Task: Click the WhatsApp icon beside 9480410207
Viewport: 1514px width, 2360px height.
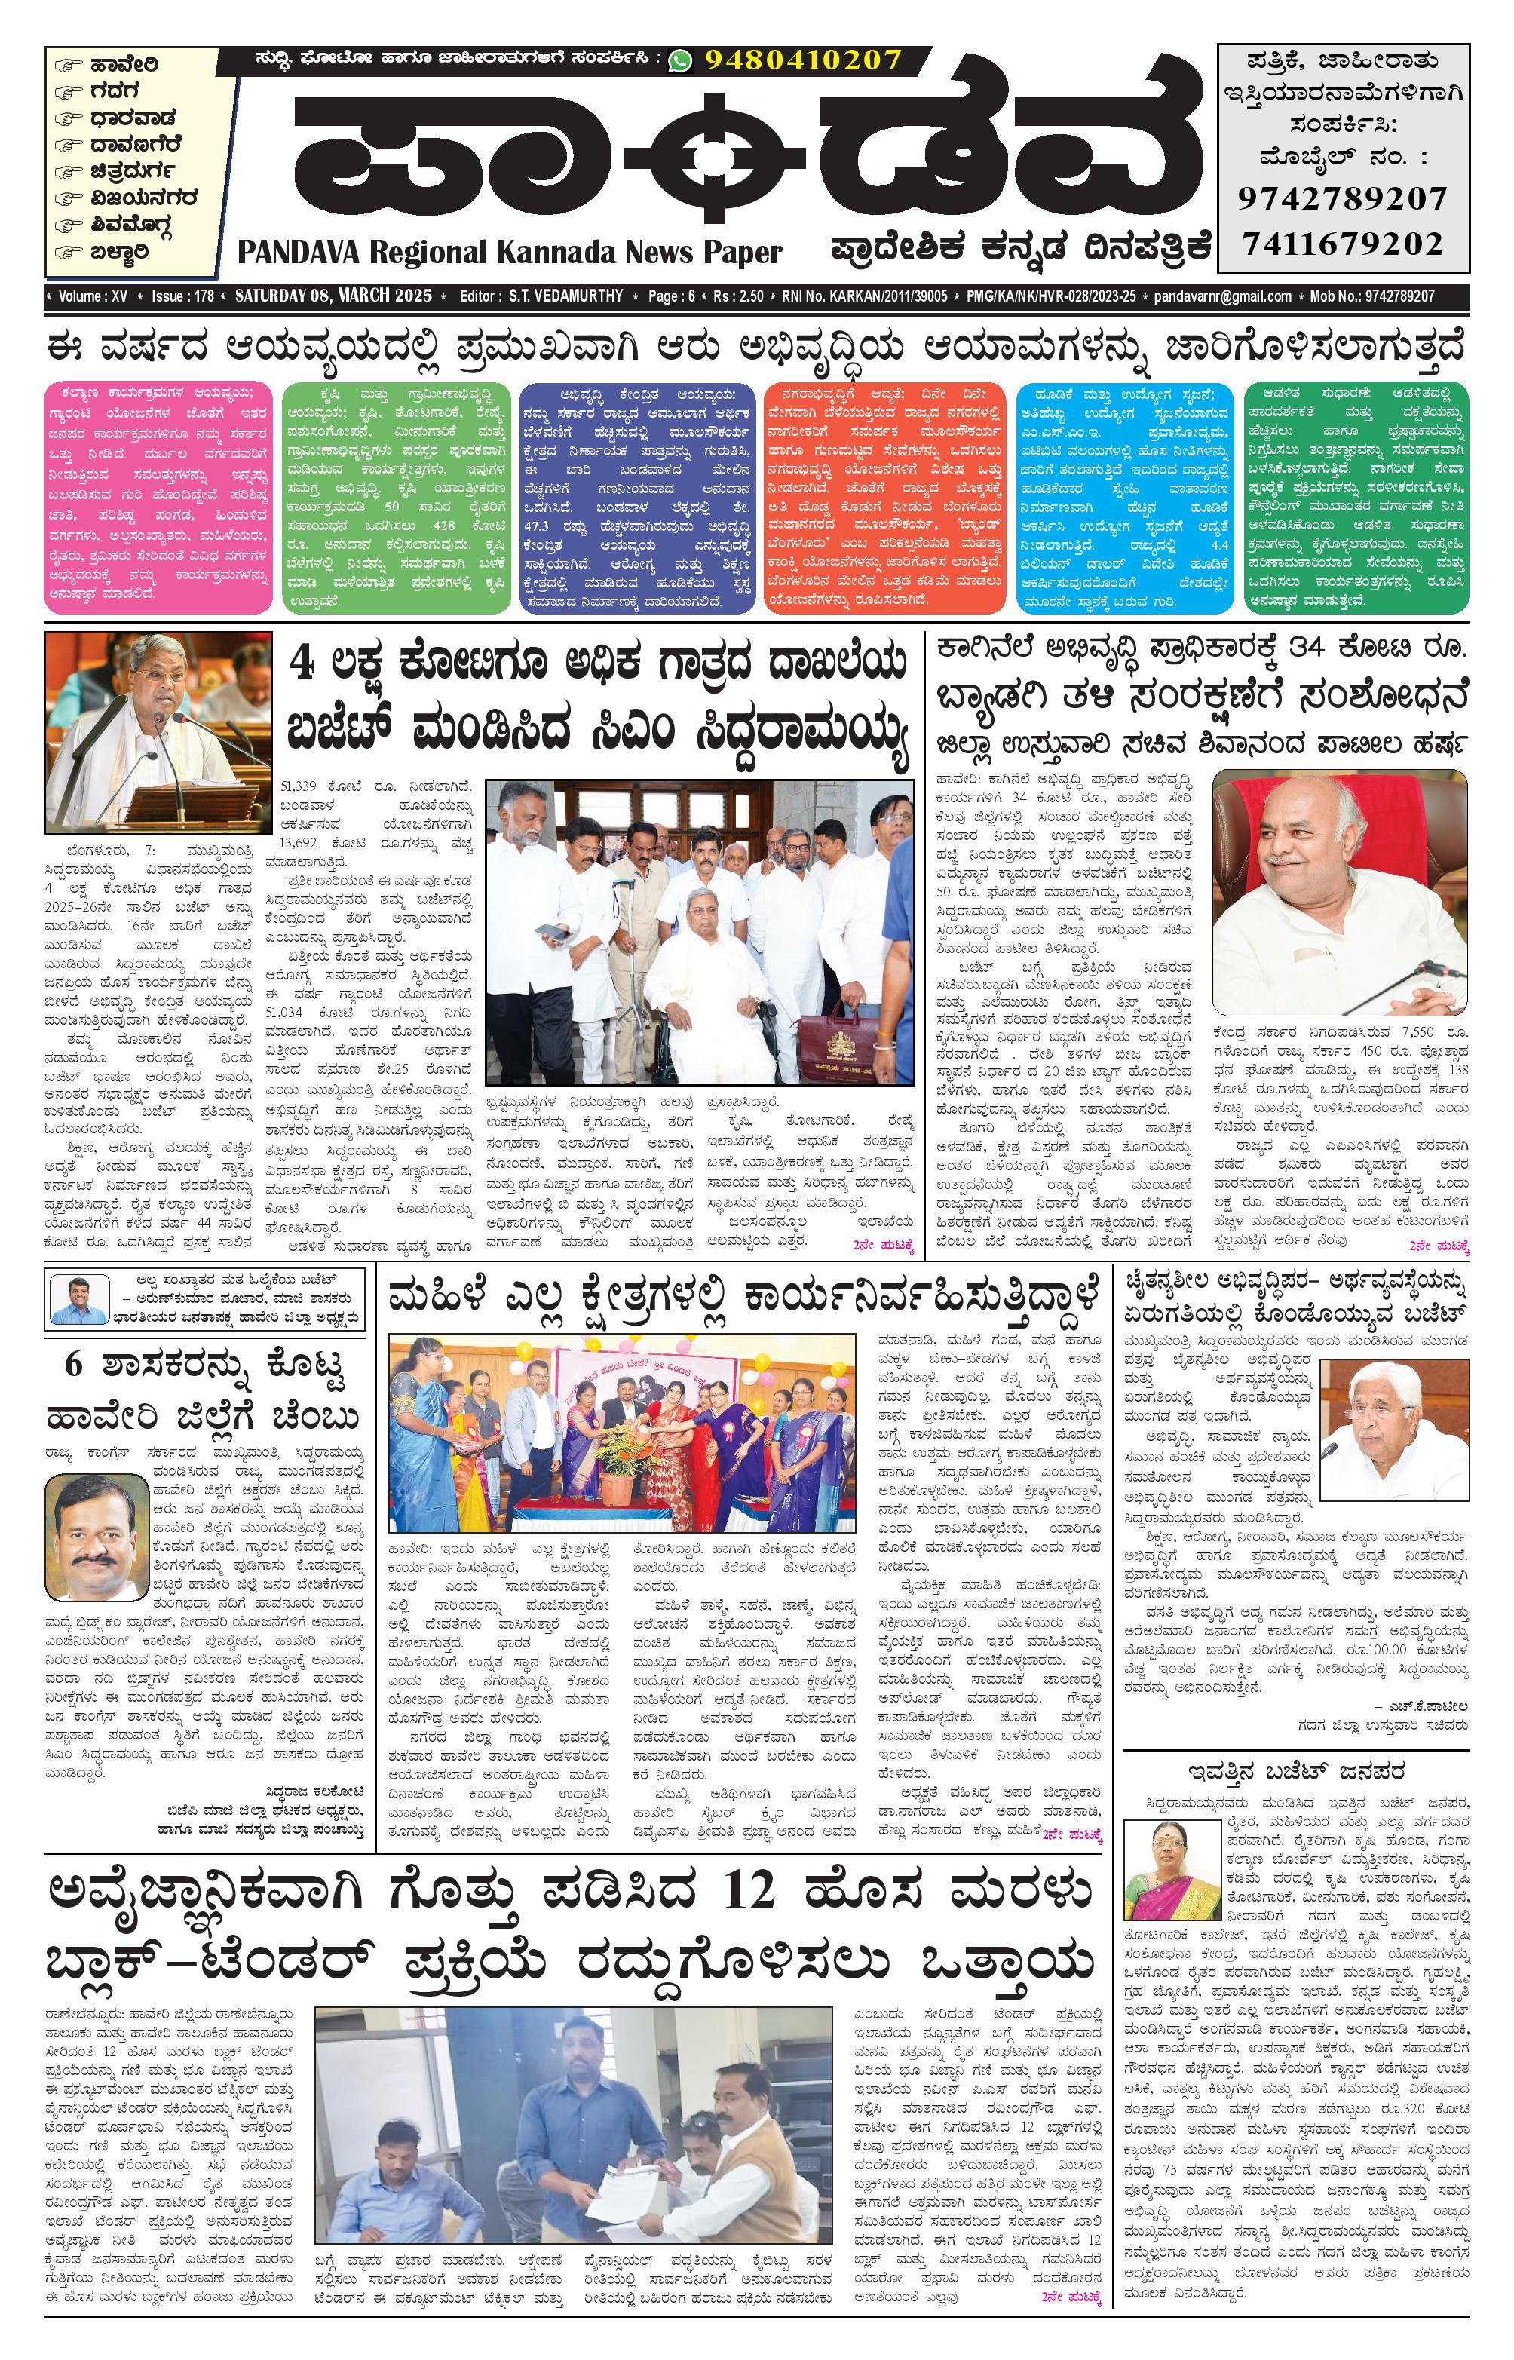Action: [x=679, y=61]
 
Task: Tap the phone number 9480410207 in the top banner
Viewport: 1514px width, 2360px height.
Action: [x=802, y=61]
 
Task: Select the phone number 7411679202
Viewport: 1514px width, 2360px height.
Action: [x=1342, y=243]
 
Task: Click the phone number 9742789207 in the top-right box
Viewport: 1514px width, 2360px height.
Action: [x=1342, y=198]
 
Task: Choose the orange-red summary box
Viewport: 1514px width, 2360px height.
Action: [x=882, y=498]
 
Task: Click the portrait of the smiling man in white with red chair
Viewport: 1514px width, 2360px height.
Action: [x=1340, y=891]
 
